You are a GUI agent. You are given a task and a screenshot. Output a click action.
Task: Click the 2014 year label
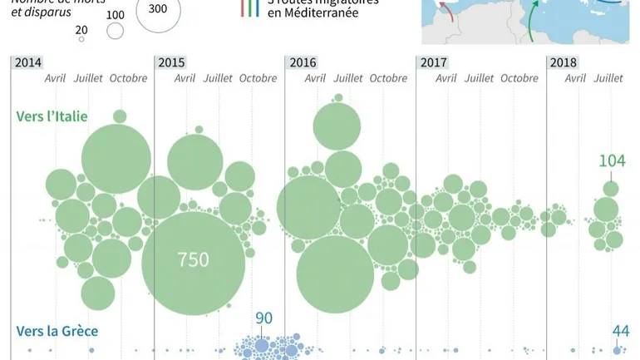point(28,62)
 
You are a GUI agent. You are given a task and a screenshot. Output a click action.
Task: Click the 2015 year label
point(171,62)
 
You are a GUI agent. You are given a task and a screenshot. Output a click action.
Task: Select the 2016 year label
point(303,62)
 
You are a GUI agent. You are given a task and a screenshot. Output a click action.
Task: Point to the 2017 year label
point(434,62)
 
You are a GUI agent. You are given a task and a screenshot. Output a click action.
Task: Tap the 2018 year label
point(564,62)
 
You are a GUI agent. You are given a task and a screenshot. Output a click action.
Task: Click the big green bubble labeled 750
point(193,259)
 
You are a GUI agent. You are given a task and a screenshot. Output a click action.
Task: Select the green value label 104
point(612,160)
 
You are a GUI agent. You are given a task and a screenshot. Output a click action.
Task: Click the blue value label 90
point(263,319)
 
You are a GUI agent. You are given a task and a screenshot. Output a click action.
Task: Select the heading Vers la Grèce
point(57,331)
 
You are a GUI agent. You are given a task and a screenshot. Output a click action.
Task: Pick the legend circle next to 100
point(115,32)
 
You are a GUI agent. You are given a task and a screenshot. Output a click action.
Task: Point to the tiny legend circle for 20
point(81,38)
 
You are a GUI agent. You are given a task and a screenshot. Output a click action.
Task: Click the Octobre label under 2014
point(129,79)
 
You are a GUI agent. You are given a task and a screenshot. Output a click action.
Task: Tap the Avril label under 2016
point(315,79)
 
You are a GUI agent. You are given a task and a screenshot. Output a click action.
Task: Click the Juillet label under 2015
point(219,79)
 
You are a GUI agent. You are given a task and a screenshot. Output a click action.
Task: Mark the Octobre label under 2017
point(519,79)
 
